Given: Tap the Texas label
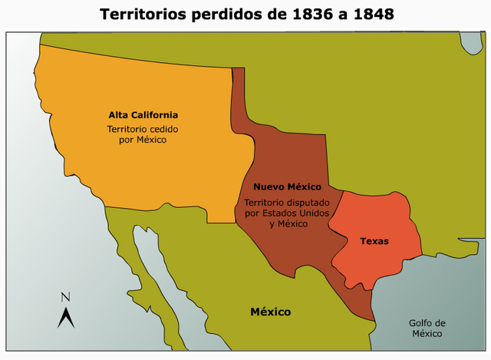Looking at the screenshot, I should pos(374,241).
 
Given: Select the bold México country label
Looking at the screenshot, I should pos(271,312).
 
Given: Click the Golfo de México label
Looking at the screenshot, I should pos(427,329).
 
